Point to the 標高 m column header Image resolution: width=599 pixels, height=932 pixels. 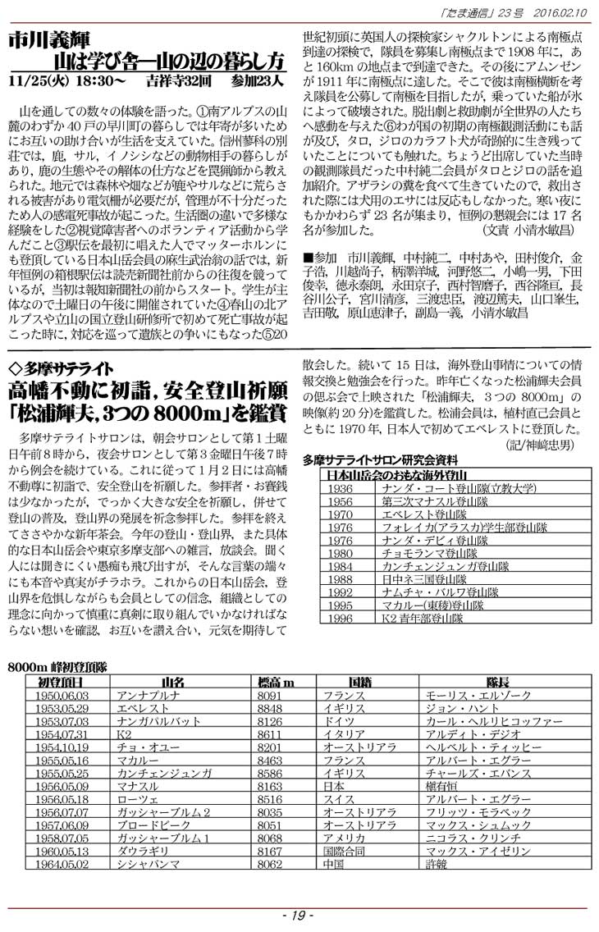pyautogui.click(x=277, y=683)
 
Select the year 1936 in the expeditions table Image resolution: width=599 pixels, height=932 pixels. pyautogui.click(x=339, y=488)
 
